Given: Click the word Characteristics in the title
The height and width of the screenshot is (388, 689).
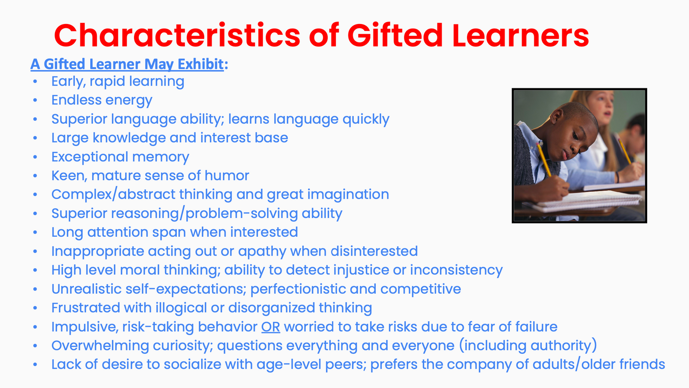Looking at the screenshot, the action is tap(177, 35).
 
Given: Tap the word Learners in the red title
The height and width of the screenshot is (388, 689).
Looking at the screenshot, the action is tap(521, 35).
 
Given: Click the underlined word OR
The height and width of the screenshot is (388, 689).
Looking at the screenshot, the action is tap(271, 326).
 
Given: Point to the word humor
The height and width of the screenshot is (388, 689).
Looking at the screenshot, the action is tap(227, 176).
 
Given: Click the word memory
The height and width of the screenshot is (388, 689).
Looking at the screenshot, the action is tap(160, 157).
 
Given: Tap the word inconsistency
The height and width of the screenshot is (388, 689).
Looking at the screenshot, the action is tap(456, 271).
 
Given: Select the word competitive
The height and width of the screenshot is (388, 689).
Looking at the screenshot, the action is tap(420, 289).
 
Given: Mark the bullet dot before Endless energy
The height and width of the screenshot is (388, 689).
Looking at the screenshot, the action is tap(35, 100).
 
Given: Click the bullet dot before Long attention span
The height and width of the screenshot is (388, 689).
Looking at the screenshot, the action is tap(35, 232).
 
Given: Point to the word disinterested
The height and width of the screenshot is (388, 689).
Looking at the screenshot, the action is tap(374, 251).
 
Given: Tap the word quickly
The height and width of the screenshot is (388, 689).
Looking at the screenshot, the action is tap(366, 119).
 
